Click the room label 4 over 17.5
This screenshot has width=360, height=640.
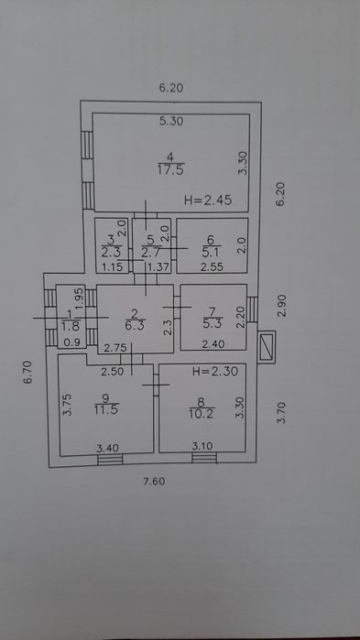click(170, 163)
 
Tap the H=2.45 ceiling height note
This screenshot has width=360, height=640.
click(208, 200)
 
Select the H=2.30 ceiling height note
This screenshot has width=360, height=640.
click(214, 372)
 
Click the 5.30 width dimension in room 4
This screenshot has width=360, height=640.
click(171, 121)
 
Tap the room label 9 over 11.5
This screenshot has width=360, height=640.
click(106, 404)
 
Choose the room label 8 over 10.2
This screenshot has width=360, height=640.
click(202, 407)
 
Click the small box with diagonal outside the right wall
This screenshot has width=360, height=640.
click(267, 347)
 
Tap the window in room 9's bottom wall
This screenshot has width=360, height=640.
click(110, 460)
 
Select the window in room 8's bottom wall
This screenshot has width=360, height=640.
click(204, 458)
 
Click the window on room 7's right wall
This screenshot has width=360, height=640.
click(253, 309)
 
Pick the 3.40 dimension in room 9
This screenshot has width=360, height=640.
click(107, 448)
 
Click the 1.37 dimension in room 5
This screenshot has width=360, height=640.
click(158, 267)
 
